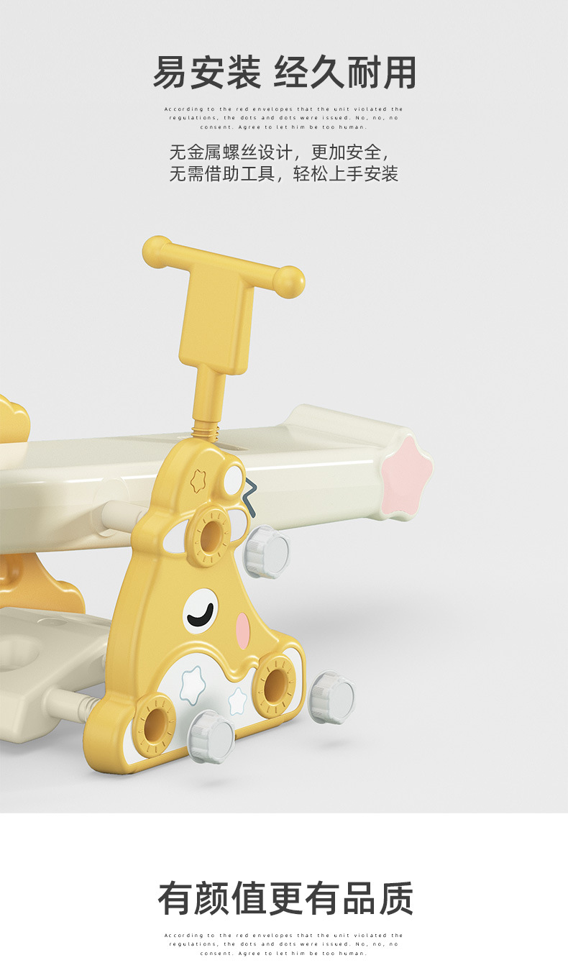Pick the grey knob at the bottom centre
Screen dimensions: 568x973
pos(212,737)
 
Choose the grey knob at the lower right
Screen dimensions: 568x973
pos(331,698)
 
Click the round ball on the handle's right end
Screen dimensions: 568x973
pos(290,281)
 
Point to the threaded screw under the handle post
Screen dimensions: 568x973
pos(206,433)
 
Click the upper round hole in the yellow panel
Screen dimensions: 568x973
pos(211,535)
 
